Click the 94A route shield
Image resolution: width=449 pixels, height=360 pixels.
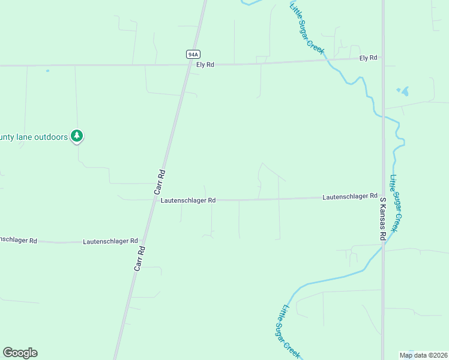click(192, 54)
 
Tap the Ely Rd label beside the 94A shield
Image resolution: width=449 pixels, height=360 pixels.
click(206, 65)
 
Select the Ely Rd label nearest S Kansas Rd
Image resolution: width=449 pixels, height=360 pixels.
click(368, 58)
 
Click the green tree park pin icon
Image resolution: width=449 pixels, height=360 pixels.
click(76, 136)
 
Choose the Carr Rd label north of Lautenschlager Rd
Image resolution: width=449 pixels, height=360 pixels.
click(161, 181)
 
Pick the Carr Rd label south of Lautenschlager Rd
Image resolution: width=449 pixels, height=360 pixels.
click(139, 257)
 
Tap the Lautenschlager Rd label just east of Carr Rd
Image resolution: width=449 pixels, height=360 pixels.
click(188, 200)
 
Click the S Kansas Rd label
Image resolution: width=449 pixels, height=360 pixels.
click(382, 218)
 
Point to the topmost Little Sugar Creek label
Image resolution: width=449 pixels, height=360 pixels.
click(307, 28)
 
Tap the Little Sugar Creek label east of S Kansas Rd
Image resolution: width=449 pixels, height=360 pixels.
click(394, 203)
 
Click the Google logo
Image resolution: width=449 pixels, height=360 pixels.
click(20, 353)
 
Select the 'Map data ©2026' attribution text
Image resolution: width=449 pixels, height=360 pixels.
click(423, 355)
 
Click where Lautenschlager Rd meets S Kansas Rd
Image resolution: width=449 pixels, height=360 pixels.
click(382, 196)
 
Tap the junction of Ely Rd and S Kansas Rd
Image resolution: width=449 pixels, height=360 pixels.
click(382, 58)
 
